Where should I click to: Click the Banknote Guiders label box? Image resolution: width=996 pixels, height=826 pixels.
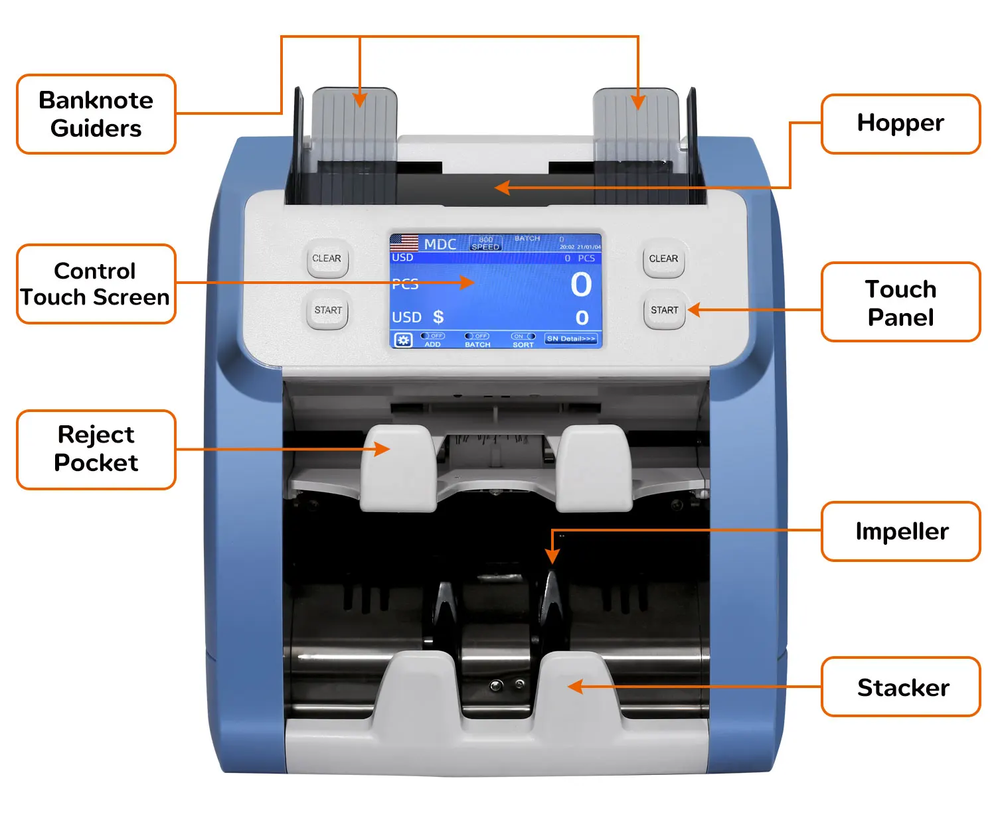click(96, 114)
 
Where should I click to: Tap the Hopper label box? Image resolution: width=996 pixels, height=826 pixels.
click(900, 123)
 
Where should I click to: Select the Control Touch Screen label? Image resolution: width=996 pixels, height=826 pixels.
click(96, 284)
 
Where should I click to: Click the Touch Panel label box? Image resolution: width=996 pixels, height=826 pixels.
click(900, 303)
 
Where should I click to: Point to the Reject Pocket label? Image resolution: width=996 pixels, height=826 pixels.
click(96, 449)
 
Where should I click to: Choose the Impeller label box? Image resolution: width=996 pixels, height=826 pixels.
click(900, 531)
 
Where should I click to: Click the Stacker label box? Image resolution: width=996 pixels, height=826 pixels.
click(900, 687)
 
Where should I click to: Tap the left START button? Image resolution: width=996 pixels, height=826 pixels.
click(328, 310)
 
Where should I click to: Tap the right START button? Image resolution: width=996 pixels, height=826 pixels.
click(664, 310)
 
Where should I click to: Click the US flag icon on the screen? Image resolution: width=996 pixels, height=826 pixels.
click(404, 242)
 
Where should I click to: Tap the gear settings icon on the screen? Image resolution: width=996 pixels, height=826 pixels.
click(403, 340)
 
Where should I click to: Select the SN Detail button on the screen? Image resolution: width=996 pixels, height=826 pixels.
click(571, 339)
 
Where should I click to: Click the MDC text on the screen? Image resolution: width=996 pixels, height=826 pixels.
click(440, 244)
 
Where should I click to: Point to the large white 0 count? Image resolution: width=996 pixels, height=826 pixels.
click(581, 285)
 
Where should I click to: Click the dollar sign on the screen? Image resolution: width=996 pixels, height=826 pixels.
click(438, 317)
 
